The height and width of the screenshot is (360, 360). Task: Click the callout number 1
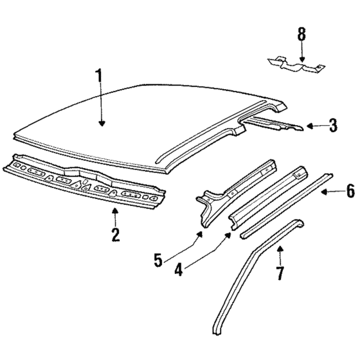[99, 75]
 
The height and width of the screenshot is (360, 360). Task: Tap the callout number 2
[116, 234]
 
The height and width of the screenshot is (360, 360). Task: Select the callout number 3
[333, 126]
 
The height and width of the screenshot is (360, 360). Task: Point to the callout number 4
[178, 269]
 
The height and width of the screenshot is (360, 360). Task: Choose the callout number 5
[158, 260]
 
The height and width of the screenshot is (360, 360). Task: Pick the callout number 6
[351, 191]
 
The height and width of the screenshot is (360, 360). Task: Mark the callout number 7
[280, 273]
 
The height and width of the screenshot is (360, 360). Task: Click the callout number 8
[302, 34]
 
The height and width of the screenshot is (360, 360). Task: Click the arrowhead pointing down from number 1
[102, 123]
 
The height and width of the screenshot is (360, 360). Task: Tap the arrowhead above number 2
[115, 210]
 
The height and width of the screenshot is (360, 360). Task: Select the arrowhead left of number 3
[310, 126]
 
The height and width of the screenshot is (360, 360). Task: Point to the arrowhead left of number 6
[324, 192]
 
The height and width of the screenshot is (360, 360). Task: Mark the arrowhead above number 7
[280, 248]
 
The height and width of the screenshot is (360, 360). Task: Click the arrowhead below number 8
[302, 59]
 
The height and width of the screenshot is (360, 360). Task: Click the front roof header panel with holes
[84, 181]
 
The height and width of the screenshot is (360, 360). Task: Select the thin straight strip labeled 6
[286, 207]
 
